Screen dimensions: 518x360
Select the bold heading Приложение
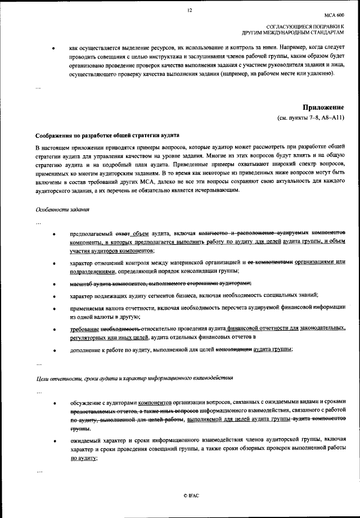323,107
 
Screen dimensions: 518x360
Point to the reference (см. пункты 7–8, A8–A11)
310,118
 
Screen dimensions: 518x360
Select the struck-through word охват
124,233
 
